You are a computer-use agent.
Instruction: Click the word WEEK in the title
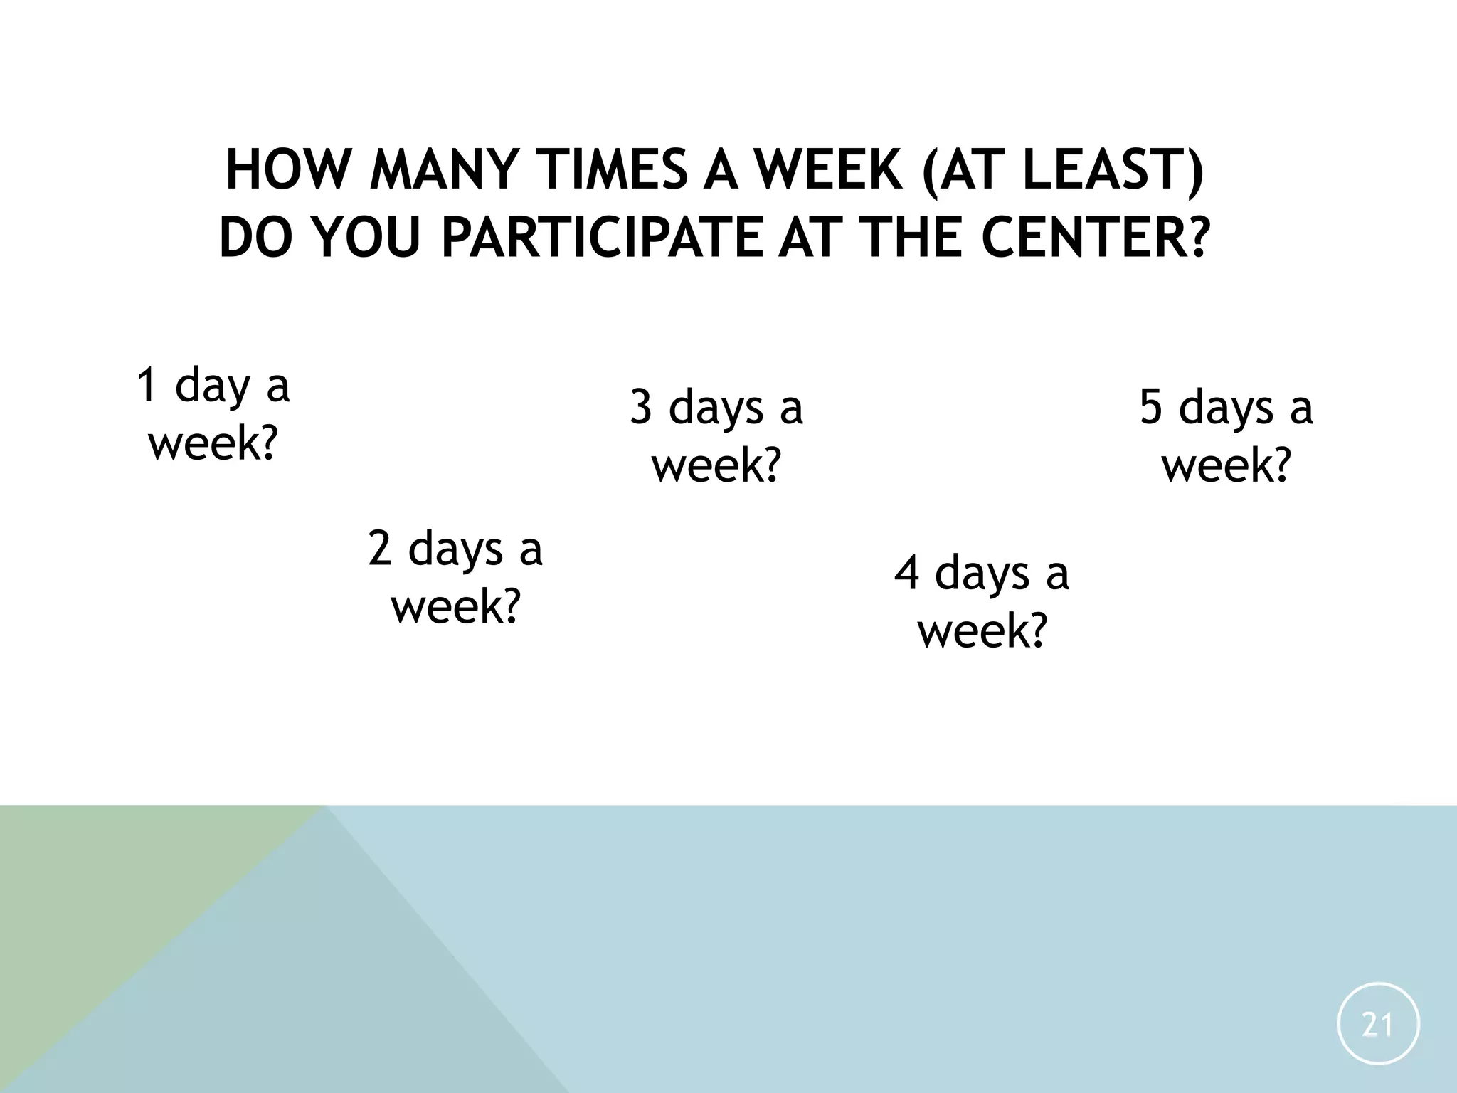click(825, 171)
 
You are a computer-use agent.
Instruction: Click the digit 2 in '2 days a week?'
click(380, 549)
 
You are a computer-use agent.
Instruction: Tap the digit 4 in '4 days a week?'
click(906, 573)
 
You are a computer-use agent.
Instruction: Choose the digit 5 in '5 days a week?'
click(1150, 408)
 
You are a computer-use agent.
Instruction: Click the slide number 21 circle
click(1378, 1024)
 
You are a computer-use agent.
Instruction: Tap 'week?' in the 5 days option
click(1226, 465)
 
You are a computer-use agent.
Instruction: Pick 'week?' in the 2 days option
click(455, 606)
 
